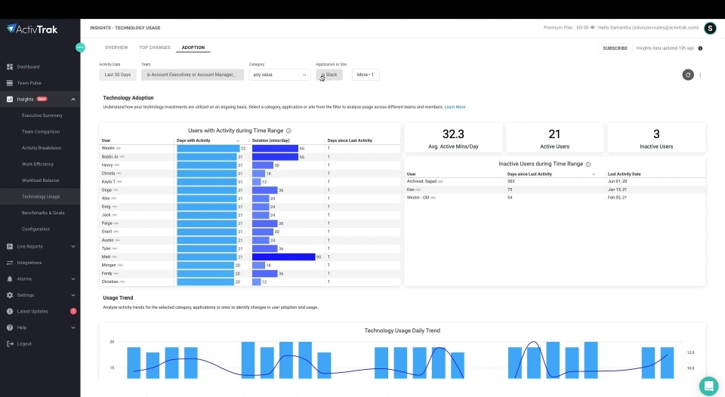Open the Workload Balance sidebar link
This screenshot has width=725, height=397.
click(x=40, y=180)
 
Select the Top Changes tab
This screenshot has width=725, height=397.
click(x=155, y=48)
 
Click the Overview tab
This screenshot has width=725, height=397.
click(x=116, y=48)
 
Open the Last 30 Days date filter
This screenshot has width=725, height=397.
click(x=118, y=75)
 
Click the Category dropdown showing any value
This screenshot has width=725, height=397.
click(x=279, y=75)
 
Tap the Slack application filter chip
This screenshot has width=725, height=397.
click(x=329, y=75)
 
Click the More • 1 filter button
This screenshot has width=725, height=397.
click(x=366, y=75)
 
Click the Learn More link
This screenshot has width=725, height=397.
click(x=455, y=107)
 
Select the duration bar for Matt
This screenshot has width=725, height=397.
click(x=283, y=257)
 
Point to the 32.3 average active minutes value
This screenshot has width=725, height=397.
click(x=453, y=134)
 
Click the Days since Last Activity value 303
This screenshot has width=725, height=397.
click(x=511, y=181)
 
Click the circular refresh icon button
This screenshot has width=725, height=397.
click(x=688, y=75)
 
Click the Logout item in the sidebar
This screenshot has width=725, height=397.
click(x=24, y=343)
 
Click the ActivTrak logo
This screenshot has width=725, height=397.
click(x=32, y=29)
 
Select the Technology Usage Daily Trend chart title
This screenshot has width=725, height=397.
click(x=402, y=331)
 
